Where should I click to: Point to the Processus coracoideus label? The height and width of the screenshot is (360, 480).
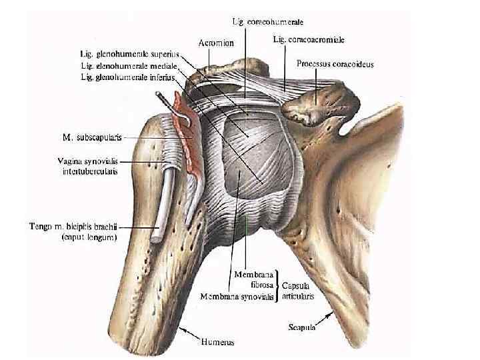tap(335, 65)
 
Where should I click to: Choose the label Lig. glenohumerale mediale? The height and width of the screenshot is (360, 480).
tap(128, 65)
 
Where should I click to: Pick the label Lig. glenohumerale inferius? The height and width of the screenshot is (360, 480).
tap(127, 77)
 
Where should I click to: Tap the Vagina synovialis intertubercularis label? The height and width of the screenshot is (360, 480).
tap(86, 166)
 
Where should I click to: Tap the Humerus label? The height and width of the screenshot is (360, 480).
tap(217, 342)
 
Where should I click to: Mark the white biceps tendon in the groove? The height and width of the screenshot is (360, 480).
tap(164, 200)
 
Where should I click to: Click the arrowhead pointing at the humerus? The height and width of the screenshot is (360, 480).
tap(182, 328)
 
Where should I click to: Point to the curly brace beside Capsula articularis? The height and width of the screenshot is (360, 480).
tap(279, 287)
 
